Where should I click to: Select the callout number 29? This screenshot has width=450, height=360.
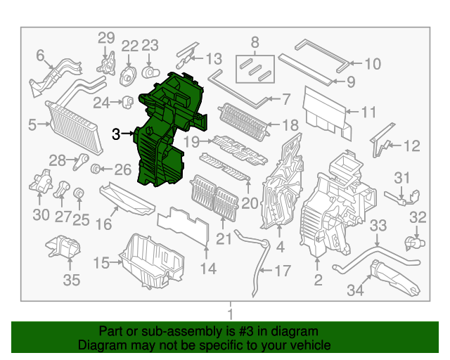tap(105, 37)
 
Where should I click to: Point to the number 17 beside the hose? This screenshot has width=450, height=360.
tap(282, 270)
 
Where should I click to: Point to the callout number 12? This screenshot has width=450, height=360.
tap(411, 146)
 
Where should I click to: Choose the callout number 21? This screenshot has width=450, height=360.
tap(224, 240)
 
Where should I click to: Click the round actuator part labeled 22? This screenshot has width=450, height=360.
tap(130, 74)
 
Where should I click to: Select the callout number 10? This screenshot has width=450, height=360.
tap(372, 64)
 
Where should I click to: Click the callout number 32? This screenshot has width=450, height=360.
tap(418, 217)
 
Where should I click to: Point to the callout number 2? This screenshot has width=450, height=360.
tap(318, 282)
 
